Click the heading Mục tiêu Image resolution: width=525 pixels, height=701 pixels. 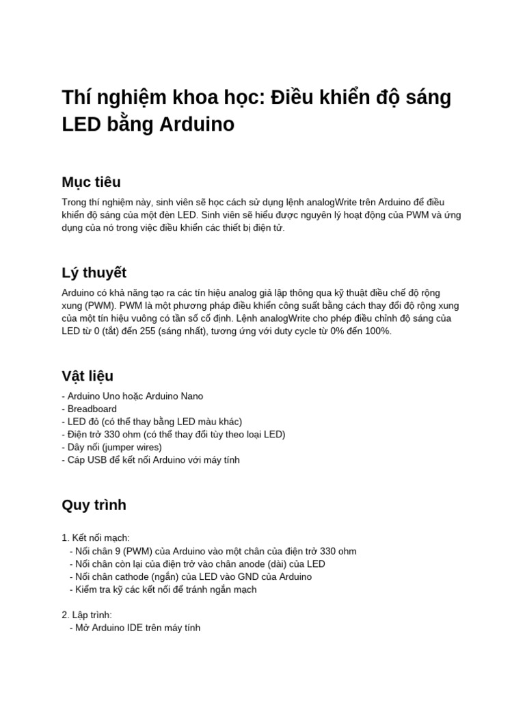91,182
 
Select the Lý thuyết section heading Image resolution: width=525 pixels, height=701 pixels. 94,272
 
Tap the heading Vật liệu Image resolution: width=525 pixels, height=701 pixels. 87,376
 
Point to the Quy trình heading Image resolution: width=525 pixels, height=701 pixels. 94,505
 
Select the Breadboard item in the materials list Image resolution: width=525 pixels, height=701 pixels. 92,409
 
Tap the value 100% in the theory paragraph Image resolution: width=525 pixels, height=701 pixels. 378,331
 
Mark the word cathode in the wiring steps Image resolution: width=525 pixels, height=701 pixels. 123,577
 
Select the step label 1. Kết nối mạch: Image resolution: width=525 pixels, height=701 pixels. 96,539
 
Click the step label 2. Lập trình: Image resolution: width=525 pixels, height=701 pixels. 92,615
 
